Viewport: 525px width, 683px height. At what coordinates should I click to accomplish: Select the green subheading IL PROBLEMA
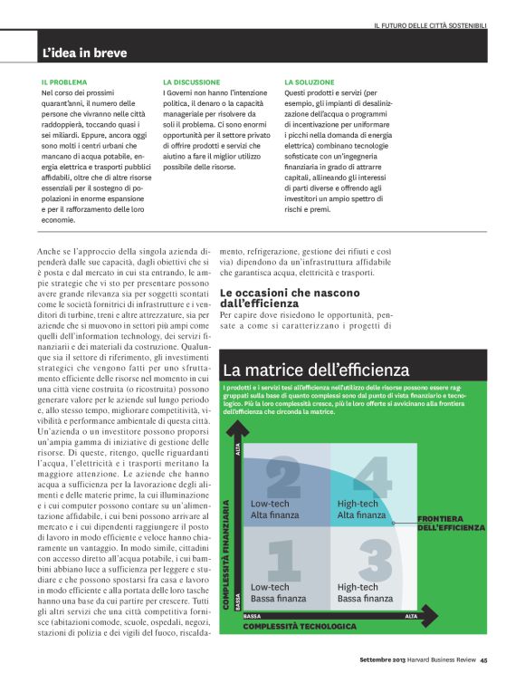[x=64, y=82]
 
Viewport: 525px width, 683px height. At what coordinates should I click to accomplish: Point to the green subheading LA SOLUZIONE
[x=310, y=82]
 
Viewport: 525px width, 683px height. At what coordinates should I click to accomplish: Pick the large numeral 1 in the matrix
[x=283, y=560]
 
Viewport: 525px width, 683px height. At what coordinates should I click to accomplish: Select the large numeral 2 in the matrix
[x=283, y=478]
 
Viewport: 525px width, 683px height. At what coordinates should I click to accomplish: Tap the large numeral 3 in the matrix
[x=372, y=560]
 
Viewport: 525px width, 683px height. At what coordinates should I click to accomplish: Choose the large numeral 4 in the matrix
[x=372, y=478]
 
